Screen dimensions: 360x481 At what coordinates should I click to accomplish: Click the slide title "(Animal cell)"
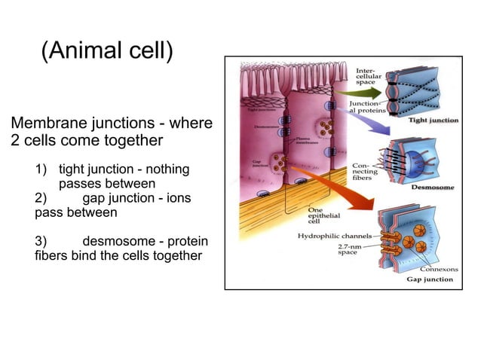pyautogui.click(x=107, y=51)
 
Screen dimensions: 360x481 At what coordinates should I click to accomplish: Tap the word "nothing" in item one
pyautogui.click(x=165, y=169)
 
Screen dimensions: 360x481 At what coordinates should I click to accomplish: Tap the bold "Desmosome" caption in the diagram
pyautogui.click(x=432, y=187)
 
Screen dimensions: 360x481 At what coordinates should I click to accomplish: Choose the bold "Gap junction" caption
pyautogui.click(x=430, y=279)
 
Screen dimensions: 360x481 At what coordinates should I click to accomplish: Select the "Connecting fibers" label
pyautogui.click(x=361, y=172)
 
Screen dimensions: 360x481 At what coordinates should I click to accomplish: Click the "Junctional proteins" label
pyautogui.click(x=368, y=108)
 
